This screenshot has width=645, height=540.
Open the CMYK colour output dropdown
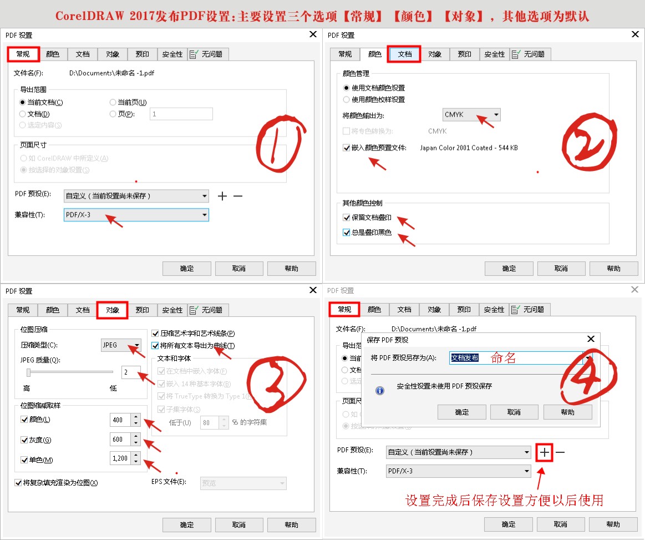click(x=471, y=115)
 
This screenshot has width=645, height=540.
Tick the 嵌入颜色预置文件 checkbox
click(x=347, y=148)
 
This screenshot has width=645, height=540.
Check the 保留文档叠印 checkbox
click(x=347, y=218)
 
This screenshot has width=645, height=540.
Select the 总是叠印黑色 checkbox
click(x=347, y=233)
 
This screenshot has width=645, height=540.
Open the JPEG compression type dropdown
click(x=121, y=345)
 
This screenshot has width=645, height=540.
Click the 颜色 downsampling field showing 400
click(x=120, y=420)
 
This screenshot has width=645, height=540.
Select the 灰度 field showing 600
click(x=120, y=440)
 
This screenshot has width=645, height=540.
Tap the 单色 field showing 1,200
click(x=120, y=458)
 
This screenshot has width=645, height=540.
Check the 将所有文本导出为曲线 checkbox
click(x=155, y=346)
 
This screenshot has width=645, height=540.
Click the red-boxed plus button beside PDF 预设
click(x=545, y=452)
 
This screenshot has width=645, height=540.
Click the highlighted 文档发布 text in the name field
click(x=465, y=358)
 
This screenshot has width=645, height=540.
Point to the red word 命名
click(x=504, y=359)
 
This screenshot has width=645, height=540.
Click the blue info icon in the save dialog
click(x=380, y=391)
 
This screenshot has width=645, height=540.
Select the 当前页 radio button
click(x=113, y=102)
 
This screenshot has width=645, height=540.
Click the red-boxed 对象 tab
click(x=113, y=310)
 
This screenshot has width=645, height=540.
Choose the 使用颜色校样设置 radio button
click(x=347, y=99)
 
